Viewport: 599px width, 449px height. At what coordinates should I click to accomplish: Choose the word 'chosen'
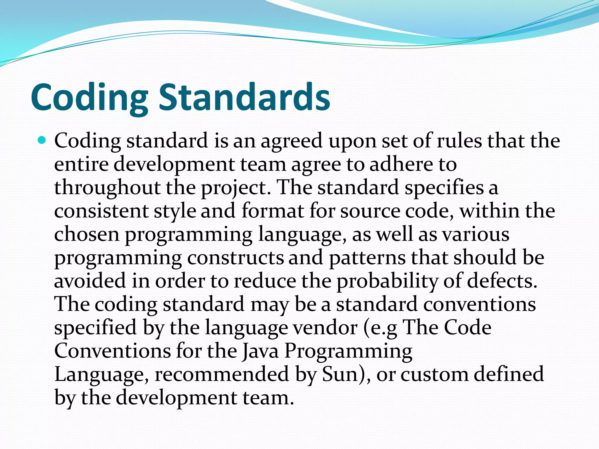87,234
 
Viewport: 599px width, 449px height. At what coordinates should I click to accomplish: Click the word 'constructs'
235,258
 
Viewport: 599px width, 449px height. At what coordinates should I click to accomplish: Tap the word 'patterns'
367,258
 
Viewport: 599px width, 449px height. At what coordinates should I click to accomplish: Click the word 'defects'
500,281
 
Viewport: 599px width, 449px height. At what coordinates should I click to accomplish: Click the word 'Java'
260,351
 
